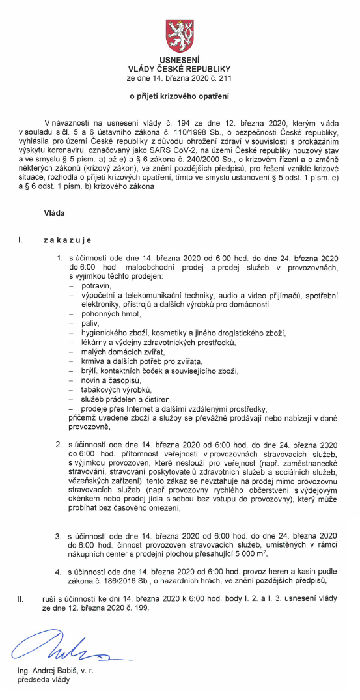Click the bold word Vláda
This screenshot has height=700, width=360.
coord(55,213)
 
